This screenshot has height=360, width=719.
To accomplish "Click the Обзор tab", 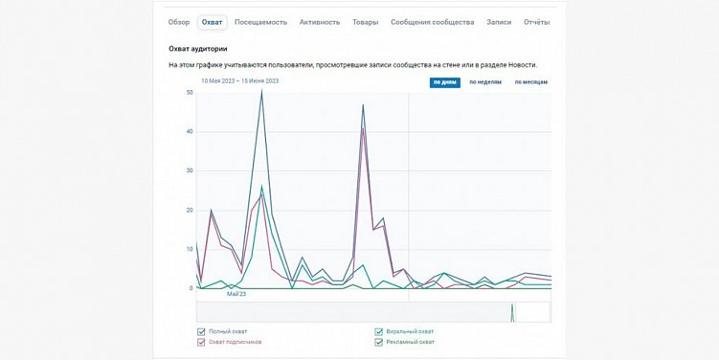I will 179,22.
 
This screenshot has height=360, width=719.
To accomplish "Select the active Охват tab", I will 212,22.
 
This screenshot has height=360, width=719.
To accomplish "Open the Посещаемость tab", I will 261,22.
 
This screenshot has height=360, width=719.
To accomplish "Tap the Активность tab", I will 319,22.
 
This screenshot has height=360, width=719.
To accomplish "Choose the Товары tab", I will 365,22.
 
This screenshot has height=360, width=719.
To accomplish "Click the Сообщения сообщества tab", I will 432,22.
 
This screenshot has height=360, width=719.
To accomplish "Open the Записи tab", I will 499,22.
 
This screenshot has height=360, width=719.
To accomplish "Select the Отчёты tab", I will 536,22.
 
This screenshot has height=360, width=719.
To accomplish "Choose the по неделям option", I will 485,82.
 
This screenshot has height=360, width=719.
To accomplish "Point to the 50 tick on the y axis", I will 191,92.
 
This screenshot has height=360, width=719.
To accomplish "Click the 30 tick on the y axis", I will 191,170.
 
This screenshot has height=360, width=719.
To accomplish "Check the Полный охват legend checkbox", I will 202,331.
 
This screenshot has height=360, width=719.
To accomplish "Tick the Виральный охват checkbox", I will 379,331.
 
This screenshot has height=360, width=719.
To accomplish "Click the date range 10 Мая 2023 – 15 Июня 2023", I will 239,81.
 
